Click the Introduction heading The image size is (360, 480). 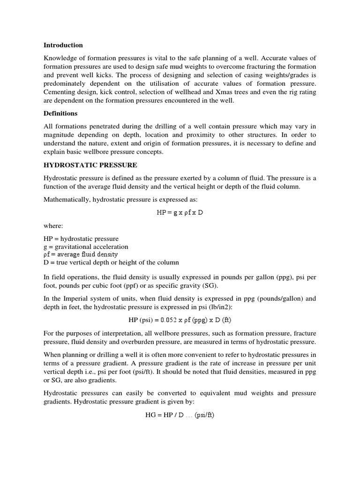point(63,45)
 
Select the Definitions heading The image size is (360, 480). point(60,113)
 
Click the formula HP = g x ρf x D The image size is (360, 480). point(180,212)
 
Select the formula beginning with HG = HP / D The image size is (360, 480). point(180,415)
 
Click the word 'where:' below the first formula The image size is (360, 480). point(53,225)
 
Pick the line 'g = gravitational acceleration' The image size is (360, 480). point(86,247)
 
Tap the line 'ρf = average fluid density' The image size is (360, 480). point(81,254)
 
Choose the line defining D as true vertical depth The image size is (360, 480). point(111,262)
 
